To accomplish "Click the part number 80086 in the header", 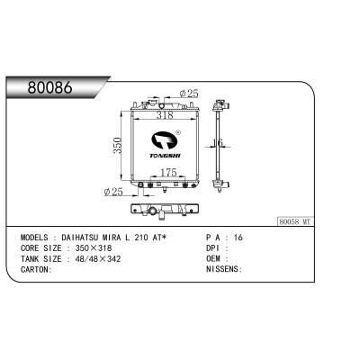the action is [x=50, y=87].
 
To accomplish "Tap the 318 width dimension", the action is [x=165, y=115].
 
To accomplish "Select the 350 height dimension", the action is [x=117, y=146].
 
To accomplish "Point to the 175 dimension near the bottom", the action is [x=168, y=173].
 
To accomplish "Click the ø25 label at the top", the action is [x=189, y=94].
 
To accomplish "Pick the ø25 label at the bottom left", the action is [x=113, y=192].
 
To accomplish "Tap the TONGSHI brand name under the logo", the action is [x=165, y=156].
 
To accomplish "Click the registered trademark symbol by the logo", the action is [x=177, y=131].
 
